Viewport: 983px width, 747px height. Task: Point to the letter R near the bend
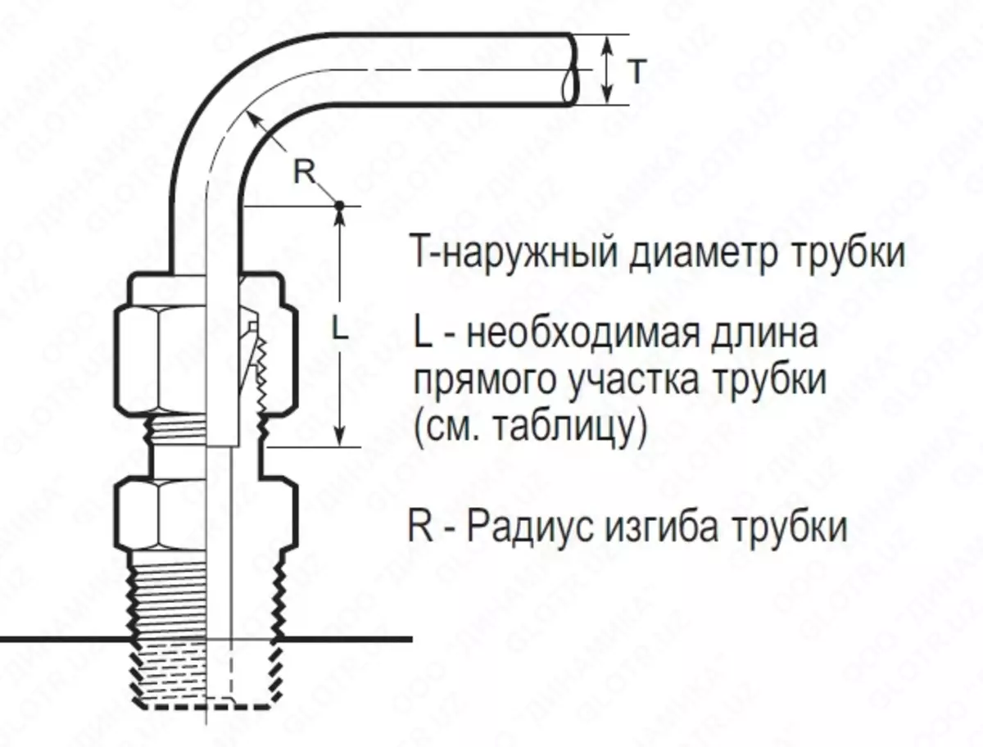pos(304,171)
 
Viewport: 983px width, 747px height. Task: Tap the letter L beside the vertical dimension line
pos(340,330)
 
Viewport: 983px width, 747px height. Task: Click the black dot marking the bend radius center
pos(339,206)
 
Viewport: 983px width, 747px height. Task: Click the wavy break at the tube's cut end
pos(570,70)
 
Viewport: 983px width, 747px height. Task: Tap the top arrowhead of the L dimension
pos(340,218)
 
